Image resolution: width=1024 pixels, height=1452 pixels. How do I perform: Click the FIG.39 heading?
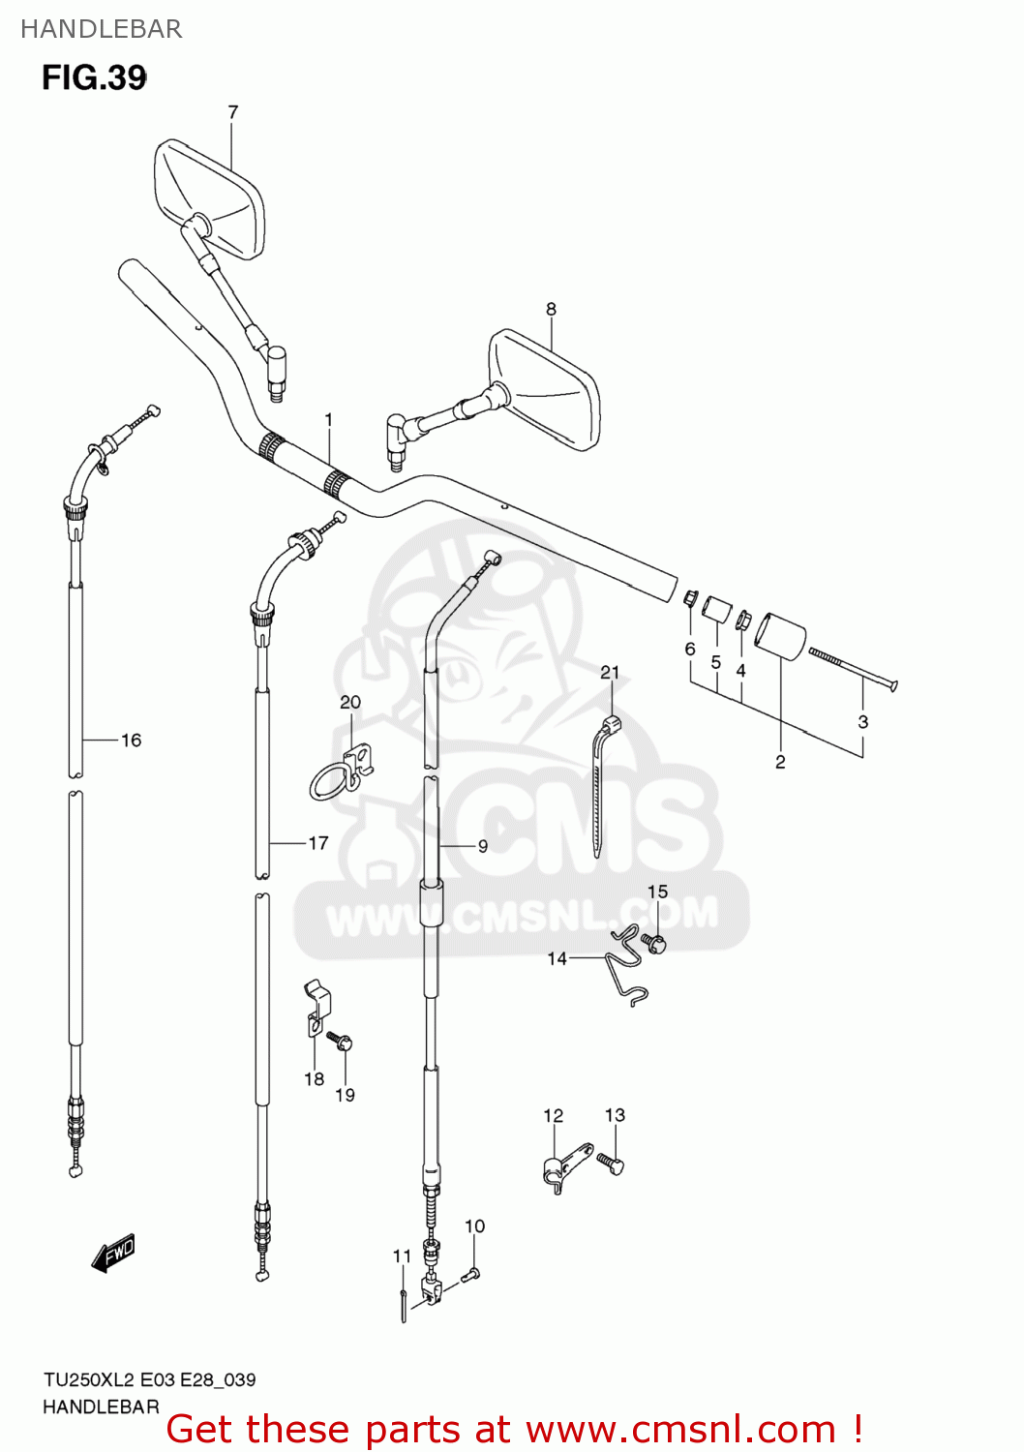(94, 77)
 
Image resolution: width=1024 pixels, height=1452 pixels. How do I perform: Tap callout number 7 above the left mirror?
(232, 112)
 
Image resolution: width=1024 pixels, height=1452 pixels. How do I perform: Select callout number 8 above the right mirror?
(551, 310)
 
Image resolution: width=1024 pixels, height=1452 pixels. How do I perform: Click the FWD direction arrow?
(112, 1253)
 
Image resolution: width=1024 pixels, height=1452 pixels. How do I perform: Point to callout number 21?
(610, 673)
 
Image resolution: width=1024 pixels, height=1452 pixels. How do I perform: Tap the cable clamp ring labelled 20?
(341, 773)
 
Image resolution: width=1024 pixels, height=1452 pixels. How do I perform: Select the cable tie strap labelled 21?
(602, 784)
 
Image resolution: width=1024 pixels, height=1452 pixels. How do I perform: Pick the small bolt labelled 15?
(655, 943)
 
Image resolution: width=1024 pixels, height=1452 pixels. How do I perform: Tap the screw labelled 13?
(611, 1162)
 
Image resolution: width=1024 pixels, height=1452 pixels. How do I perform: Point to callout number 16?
(131, 741)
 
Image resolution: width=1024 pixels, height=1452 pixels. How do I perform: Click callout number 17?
(318, 843)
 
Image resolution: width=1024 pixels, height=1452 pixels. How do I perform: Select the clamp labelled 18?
(316, 1012)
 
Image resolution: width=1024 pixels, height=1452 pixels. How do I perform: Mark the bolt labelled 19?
(342, 1043)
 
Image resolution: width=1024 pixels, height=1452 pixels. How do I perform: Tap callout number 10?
(474, 1226)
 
